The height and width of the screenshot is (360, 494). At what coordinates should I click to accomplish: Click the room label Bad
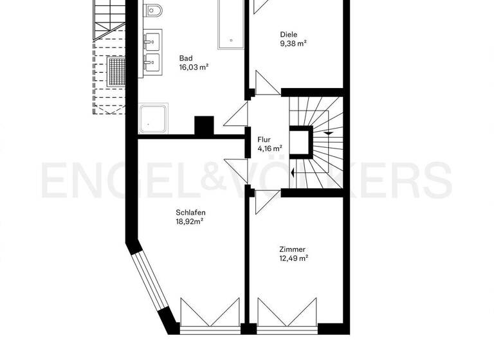[186, 58]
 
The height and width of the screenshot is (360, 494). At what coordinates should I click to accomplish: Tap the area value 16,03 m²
[194, 67]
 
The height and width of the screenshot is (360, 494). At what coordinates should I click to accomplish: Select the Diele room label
[289, 35]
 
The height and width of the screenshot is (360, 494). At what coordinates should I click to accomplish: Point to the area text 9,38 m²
[293, 44]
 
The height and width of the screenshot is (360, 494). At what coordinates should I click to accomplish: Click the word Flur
[264, 139]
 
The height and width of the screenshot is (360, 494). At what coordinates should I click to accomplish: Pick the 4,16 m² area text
[270, 147]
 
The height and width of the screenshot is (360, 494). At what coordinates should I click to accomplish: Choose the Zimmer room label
[292, 249]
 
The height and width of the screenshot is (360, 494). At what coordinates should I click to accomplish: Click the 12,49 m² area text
[293, 258]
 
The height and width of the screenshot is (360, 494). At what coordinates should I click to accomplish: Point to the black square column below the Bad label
[204, 125]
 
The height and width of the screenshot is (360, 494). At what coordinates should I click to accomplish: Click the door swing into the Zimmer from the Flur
[265, 201]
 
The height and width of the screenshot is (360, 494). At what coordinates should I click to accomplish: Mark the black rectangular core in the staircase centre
[300, 143]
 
